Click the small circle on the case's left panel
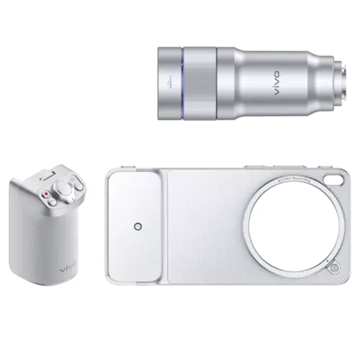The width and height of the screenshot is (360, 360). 138,228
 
